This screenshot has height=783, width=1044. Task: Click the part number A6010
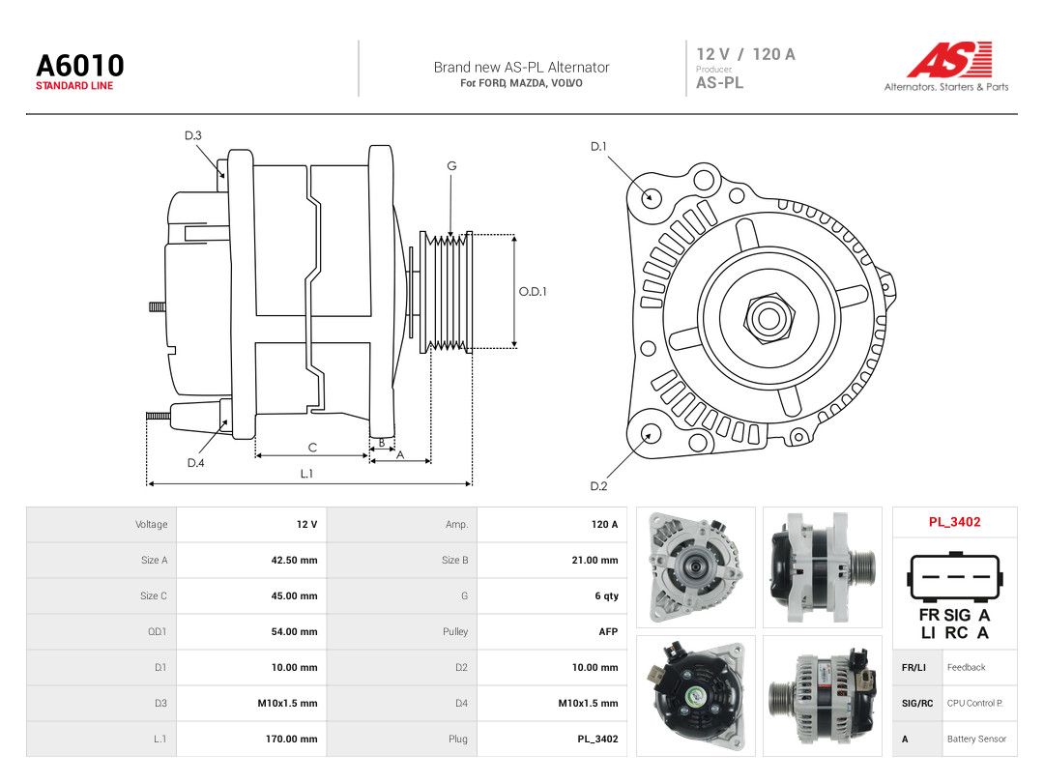tap(80, 66)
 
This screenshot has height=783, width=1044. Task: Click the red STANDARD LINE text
tap(74, 86)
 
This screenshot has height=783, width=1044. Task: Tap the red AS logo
tap(950, 59)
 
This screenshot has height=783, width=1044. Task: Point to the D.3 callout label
tap(193, 136)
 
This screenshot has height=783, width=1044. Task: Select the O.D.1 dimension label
tap(533, 292)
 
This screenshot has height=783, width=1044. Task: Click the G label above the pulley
tap(451, 166)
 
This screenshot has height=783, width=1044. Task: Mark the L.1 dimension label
tap(306, 474)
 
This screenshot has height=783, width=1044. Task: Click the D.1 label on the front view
tap(598, 147)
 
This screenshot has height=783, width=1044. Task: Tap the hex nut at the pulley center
tap(769, 317)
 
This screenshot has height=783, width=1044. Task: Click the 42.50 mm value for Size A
tap(294, 560)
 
